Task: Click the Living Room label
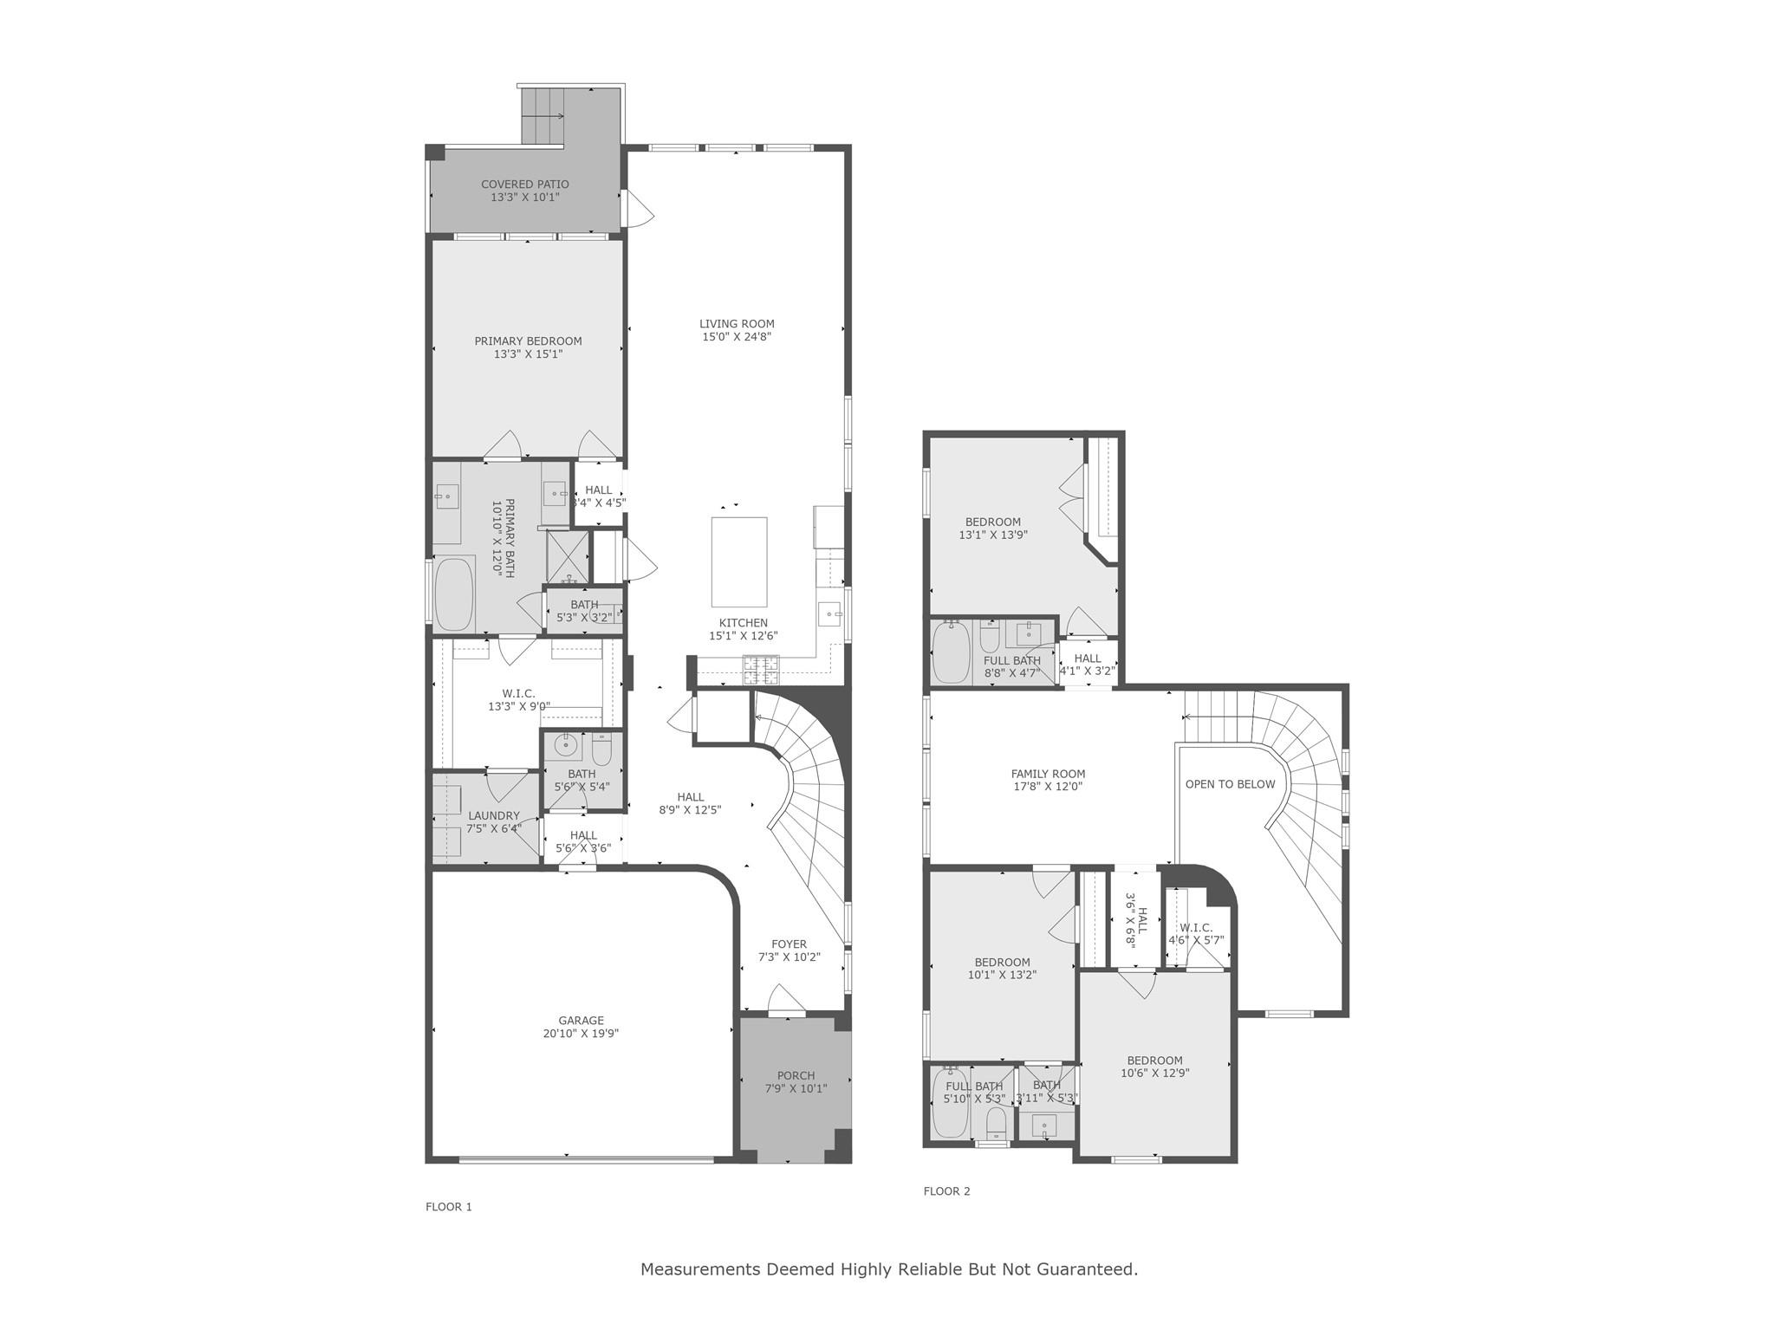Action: tap(737, 324)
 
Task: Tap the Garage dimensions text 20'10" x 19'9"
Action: tap(581, 1034)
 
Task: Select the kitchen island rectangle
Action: tap(739, 561)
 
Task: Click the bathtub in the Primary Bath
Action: tap(454, 594)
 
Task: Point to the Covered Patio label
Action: tap(525, 184)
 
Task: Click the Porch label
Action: tap(796, 1075)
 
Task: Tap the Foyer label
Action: tap(789, 944)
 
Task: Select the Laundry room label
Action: tap(493, 815)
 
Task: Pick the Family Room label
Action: tap(1048, 774)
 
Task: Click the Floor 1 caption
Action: tap(449, 1207)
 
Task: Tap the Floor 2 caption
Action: tap(946, 1191)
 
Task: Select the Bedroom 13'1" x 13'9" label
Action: tap(992, 522)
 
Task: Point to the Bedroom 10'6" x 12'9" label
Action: tap(1154, 1061)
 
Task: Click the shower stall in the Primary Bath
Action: tap(567, 556)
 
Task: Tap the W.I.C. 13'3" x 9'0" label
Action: tap(518, 693)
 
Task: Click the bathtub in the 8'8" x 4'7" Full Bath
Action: tap(952, 655)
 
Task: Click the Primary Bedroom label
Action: tap(528, 341)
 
